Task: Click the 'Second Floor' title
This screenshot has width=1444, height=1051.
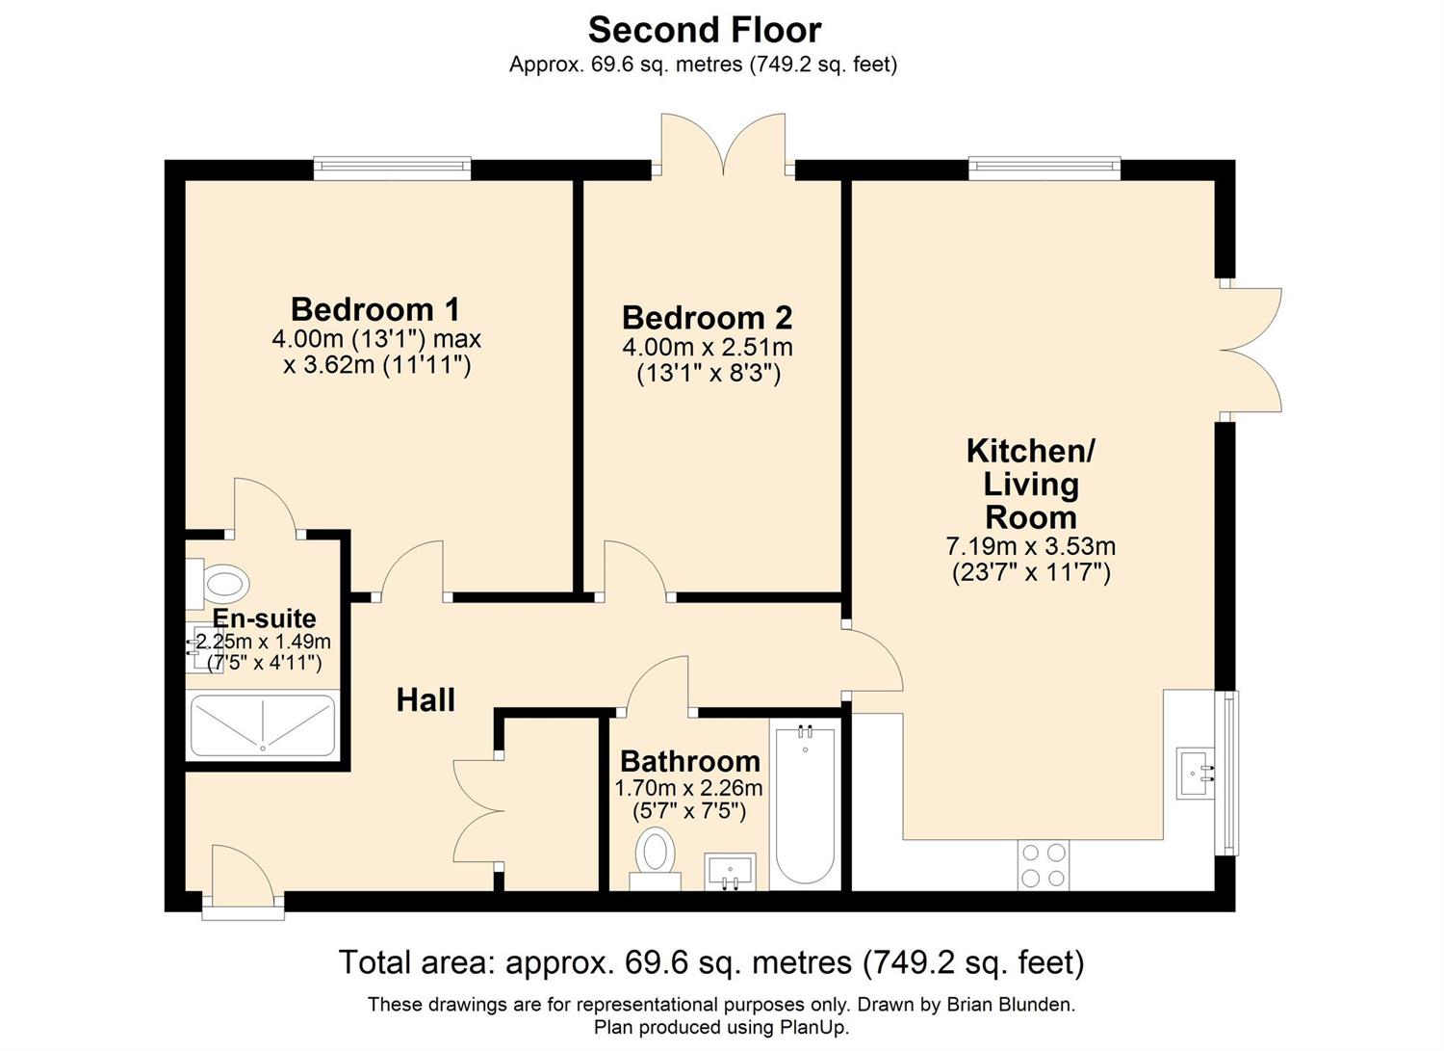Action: pyautogui.click(x=705, y=30)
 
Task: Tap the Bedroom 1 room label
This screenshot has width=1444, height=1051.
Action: pyautogui.click(x=375, y=309)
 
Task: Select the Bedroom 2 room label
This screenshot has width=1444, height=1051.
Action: pyautogui.click(x=708, y=318)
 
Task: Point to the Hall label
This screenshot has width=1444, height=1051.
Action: pyautogui.click(x=425, y=700)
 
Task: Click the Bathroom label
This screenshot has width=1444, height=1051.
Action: pyautogui.click(x=690, y=762)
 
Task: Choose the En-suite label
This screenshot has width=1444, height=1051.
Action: pyautogui.click(x=265, y=618)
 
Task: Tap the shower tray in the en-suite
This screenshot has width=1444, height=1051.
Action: pyautogui.click(x=263, y=725)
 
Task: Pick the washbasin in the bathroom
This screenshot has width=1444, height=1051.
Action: pyautogui.click(x=730, y=872)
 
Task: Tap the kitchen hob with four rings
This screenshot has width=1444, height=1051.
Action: pyautogui.click(x=1043, y=865)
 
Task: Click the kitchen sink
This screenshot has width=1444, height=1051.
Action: pyautogui.click(x=1196, y=774)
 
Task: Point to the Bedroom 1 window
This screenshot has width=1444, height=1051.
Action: pyautogui.click(x=393, y=168)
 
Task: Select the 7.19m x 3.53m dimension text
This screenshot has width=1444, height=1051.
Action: pyautogui.click(x=1031, y=546)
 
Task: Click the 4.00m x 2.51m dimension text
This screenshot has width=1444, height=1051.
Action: pyautogui.click(x=708, y=348)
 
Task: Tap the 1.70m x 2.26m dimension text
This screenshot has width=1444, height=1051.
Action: pyautogui.click(x=688, y=788)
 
